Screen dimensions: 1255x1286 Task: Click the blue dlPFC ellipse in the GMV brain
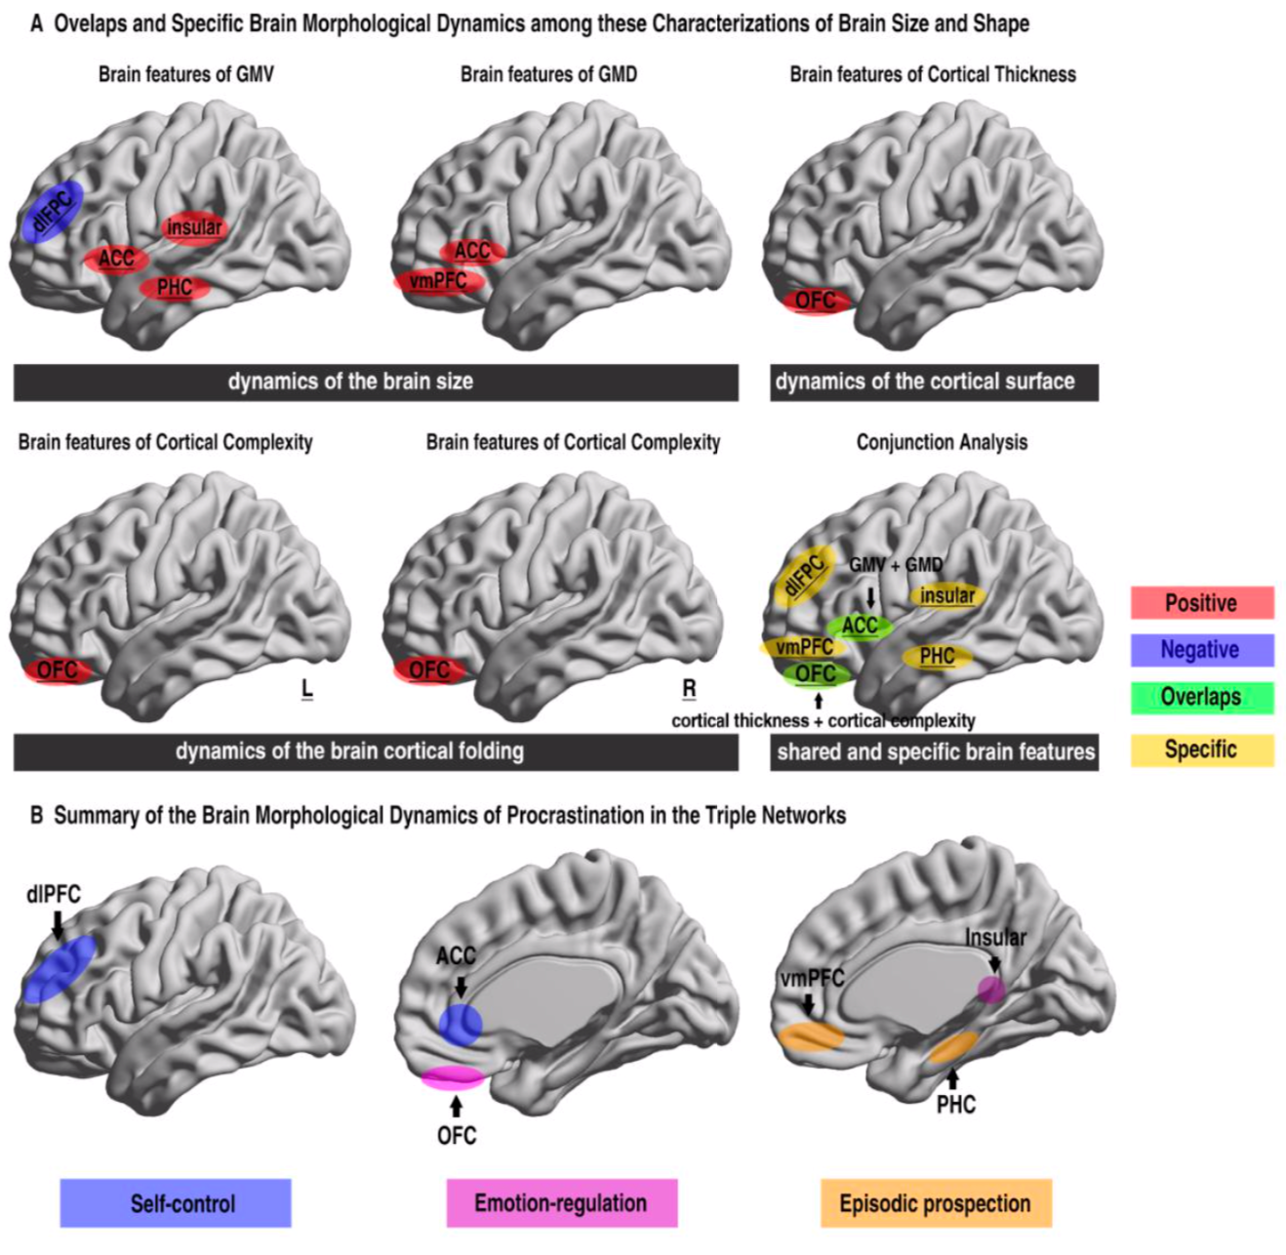click(53, 211)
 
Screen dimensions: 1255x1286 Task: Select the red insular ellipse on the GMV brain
click(193, 227)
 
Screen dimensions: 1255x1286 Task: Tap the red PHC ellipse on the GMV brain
click(174, 288)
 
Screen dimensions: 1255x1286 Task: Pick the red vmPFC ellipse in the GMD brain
click(438, 281)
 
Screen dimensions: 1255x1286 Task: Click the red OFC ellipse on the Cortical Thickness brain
click(816, 301)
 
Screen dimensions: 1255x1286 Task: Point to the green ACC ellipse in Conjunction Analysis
click(860, 626)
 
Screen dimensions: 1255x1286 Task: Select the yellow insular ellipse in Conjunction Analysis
click(946, 595)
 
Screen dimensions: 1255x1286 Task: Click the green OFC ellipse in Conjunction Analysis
click(816, 673)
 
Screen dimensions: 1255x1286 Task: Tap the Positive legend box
click(1201, 603)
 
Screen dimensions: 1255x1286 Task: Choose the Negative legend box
click(1201, 650)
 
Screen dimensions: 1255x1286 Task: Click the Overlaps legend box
click(1201, 697)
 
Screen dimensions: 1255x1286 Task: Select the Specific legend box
click(1201, 749)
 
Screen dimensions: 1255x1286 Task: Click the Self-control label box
click(176, 1202)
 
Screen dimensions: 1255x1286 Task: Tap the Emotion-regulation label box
click(561, 1202)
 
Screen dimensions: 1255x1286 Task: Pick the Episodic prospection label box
click(935, 1202)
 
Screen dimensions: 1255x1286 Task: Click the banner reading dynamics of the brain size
click(376, 382)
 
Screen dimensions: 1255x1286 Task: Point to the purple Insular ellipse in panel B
click(990, 990)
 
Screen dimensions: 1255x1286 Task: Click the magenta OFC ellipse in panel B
click(453, 1076)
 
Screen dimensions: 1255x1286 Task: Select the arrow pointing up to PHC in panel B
click(952, 1077)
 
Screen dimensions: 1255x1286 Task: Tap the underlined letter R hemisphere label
click(689, 689)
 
